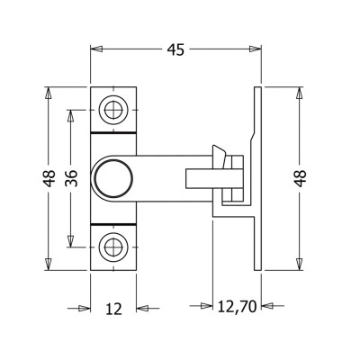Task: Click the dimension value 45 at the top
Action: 176,49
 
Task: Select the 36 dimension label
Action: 71,178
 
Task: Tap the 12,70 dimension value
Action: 237,307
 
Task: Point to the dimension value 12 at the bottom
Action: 114,309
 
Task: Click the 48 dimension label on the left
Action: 49,178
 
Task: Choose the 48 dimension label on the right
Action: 301,178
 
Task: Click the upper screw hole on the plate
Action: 113,110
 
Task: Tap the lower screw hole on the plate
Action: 113,247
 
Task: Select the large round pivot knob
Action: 113,178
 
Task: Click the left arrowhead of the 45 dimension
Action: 96,49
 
